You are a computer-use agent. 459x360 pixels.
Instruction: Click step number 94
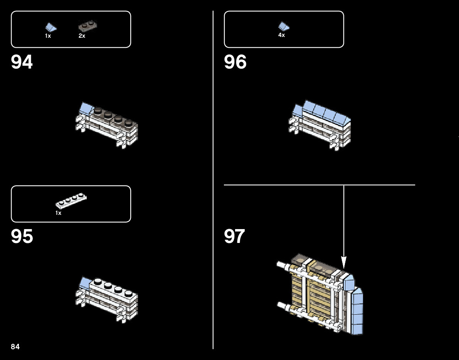point(22,62)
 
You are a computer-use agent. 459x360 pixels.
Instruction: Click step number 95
point(22,237)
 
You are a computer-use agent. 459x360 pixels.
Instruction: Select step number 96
point(235,62)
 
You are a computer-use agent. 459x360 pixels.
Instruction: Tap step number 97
point(234,236)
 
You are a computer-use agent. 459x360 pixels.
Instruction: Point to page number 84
point(15,347)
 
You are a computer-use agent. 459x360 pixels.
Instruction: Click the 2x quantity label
point(82,36)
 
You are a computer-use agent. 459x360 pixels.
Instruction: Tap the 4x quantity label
point(281,35)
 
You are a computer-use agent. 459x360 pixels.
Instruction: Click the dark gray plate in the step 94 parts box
point(87,26)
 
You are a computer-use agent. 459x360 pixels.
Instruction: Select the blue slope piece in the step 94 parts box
point(50,27)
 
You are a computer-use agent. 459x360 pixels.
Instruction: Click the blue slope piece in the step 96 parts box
point(284,26)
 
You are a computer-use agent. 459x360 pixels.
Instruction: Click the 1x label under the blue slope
point(48,36)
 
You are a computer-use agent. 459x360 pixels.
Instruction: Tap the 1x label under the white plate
point(59,213)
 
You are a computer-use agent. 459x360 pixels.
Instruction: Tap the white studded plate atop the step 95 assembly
point(114,289)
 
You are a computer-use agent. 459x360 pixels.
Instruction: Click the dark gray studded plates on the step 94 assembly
point(114,116)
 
